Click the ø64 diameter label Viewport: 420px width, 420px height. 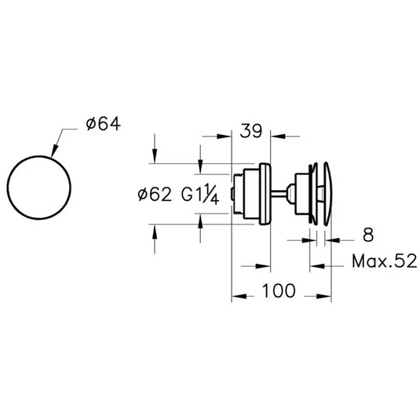tap(104, 125)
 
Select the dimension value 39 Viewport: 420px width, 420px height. tap(251, 131)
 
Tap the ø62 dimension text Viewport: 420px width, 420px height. tap(155, 195)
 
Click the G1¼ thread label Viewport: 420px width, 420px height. tap(200, 194)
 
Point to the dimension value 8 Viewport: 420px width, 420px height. tap(368, 236)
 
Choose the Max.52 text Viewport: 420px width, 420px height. tap(385, 261)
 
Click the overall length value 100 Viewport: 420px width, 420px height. tap(279, 291)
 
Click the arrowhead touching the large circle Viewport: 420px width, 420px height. tap(54, 151)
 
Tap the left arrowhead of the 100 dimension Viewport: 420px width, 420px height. tap(239, 296)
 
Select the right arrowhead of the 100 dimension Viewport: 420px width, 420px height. tap(324, 296)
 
